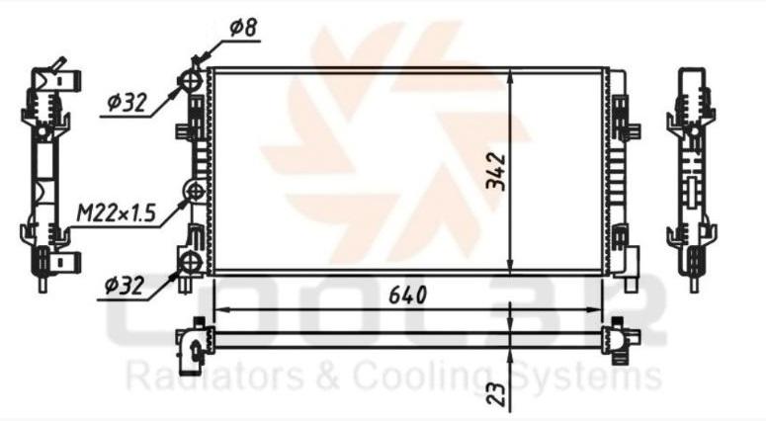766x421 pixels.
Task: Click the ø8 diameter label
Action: [243, 28]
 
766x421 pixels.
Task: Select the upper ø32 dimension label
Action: [127, 103]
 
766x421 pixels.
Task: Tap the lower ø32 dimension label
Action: [125, 286]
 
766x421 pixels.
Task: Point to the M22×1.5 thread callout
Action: [117, 212]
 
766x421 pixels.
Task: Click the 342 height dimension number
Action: [495, 171]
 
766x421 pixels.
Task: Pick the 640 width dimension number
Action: [407, 295]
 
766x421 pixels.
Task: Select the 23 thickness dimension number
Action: [496, 393]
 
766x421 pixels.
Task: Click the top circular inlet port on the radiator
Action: [191, 80]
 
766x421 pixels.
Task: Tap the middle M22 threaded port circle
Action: [195, 191]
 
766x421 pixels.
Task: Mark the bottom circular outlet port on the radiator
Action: [191, 263]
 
